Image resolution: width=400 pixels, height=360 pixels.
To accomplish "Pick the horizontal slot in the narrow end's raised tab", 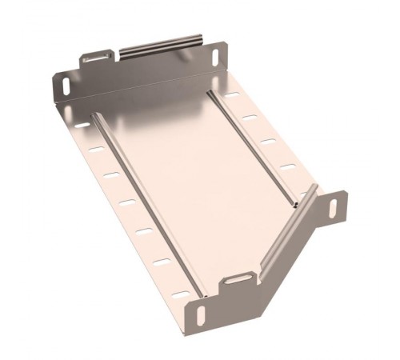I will point(238,280).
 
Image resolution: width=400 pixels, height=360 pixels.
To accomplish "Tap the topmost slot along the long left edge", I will point(83,126).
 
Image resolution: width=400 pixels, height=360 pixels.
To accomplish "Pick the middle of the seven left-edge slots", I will point(128,201).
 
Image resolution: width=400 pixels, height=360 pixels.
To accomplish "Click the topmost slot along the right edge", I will point(231,95).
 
